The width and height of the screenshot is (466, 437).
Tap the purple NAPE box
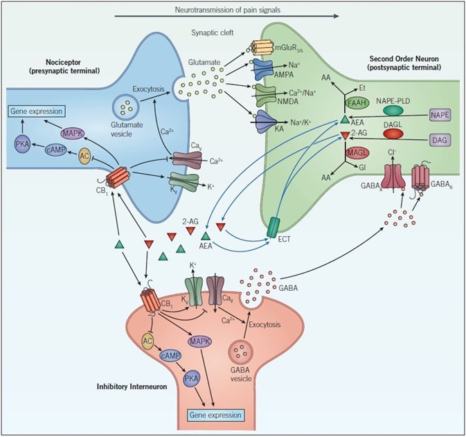[x=438, y=116]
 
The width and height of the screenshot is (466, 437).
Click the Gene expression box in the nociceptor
[x=39, y=111]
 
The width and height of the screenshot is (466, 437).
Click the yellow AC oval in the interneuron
[x=147, y=340]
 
